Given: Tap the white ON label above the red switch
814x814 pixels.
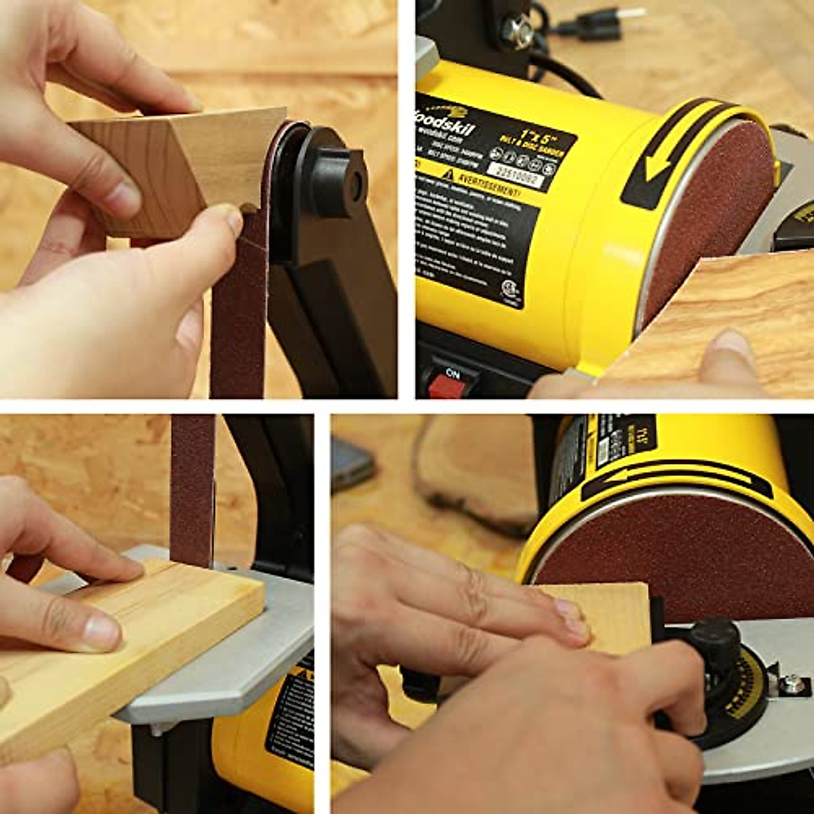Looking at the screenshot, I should point(451,372).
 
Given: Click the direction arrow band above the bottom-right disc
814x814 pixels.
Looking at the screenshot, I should point(675,478).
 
